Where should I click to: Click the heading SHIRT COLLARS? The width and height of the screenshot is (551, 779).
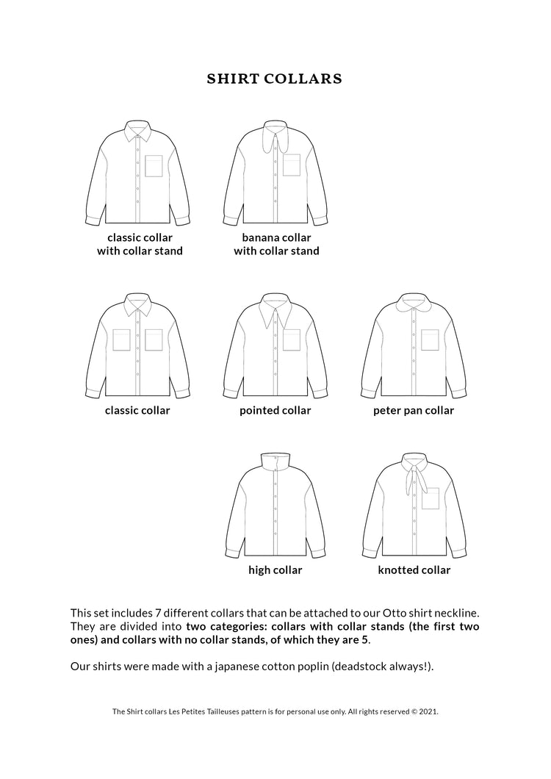point(275,79)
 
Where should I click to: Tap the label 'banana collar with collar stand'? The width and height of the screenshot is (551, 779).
point(276,245)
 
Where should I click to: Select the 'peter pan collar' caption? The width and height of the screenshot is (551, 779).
point(413,411)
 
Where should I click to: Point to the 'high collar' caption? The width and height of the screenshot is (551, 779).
point(275,570)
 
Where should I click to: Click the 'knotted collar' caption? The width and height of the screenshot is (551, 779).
point(414,570)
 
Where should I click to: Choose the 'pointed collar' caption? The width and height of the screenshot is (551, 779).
point(275,411)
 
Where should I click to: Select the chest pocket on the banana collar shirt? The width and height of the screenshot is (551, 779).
point(292,166)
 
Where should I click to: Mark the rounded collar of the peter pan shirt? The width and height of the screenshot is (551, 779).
point(413,303)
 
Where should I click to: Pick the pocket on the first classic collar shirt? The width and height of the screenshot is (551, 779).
point(154,166)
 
